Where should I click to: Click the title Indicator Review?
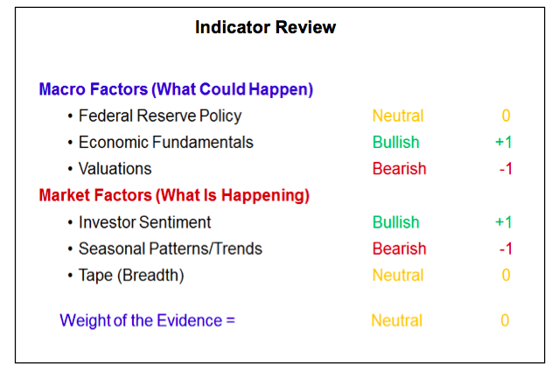[x=266, y=27]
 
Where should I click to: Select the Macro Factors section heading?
[x=176, y=89]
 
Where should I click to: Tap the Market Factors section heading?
[x=174, y=195]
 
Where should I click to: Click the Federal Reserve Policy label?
[x=160, y=116]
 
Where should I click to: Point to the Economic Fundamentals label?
[x=166, y=143]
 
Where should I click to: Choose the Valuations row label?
[x=115, y=169]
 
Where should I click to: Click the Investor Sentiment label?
[x=144, y=222]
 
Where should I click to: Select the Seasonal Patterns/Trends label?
[x=171, y=249]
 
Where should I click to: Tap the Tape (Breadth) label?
[x=131, y=276]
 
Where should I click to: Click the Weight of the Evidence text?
[x=147, y=320]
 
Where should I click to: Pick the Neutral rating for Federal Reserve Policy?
[x=398, y=116]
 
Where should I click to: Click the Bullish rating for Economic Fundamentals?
[x=395, y=143]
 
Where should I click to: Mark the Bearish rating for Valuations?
[x=399, y=169]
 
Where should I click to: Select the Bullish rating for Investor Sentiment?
[x=395, y=222]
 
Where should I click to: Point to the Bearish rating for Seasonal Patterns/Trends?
[x=399, y=249]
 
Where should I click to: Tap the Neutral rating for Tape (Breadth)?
[x=398, y=276]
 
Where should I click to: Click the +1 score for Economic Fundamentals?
[x=504, y=143]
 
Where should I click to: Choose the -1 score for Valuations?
[x=506, y=169]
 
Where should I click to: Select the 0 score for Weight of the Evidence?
[x=505, y=320]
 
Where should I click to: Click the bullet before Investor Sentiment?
[x=70, y=223]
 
